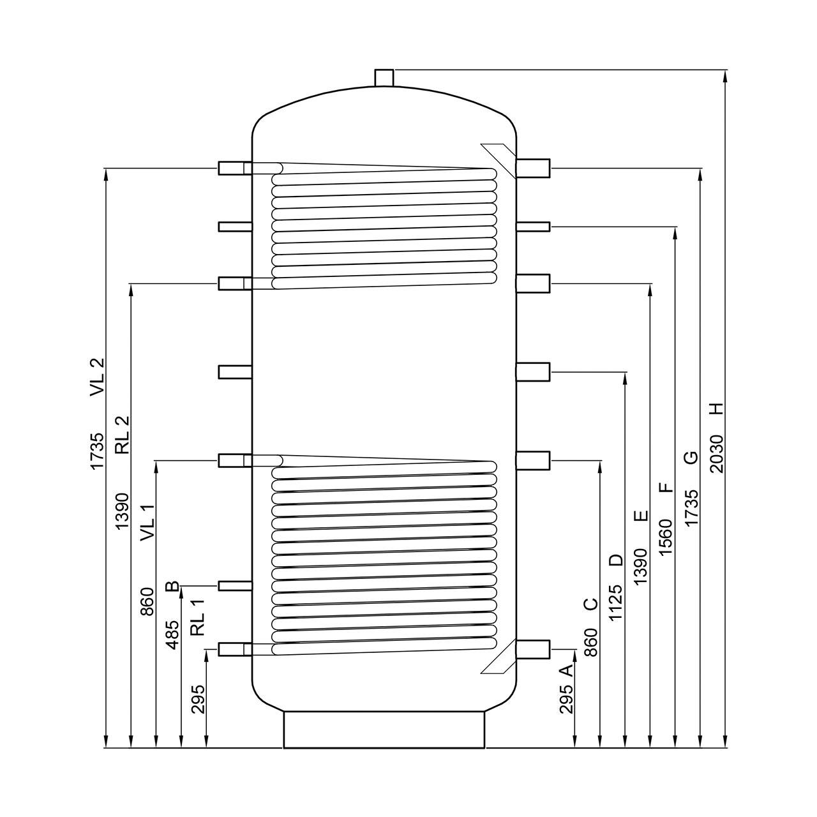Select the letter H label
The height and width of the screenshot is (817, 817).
tap(716, 409)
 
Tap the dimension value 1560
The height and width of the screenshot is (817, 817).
tap(666, 537)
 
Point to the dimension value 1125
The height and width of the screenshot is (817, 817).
tap(616, 603)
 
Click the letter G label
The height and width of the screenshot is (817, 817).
tap(691, 458)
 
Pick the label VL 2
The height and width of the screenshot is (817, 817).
tap(97, 378)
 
